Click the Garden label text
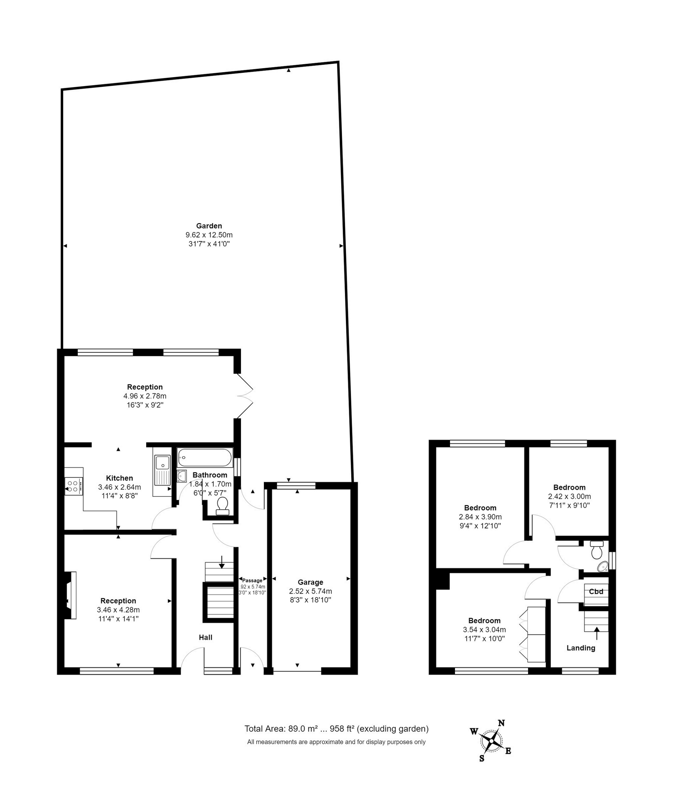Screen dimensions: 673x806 209,226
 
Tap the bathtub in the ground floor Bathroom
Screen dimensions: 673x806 205,458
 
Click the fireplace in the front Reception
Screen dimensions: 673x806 70,595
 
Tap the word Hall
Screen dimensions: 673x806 206,637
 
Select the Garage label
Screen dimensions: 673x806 310,582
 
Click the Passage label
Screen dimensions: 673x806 252,581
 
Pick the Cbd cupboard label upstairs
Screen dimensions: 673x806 596,592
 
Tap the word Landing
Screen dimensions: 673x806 581,648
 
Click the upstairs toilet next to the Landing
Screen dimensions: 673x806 597,550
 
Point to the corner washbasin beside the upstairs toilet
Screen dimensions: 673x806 603,566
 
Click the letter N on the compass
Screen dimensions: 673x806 501,723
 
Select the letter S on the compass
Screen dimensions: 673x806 482,758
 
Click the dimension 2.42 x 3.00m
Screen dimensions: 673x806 569,496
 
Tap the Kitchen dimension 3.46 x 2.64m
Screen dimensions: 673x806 120,487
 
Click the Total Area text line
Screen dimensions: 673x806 336,729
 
